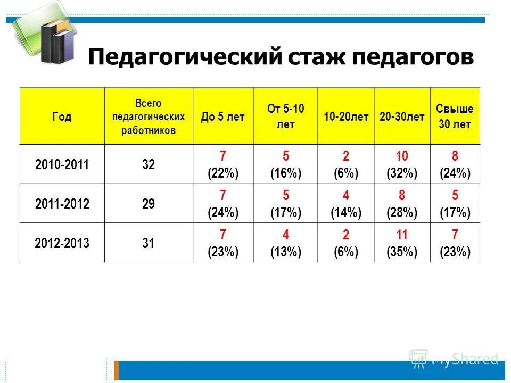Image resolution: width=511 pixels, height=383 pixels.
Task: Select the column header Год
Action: point(62,116)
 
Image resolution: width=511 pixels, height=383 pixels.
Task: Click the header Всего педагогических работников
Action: point(148,116)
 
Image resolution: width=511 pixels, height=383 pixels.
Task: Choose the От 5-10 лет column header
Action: point(285,116)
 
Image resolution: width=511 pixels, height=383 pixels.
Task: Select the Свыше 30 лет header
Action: point(455,116)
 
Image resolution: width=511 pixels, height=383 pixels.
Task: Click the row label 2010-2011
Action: point(62,164)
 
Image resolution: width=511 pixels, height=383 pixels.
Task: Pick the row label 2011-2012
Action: point(62,204)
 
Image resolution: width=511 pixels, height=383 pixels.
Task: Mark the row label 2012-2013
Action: point(62,243)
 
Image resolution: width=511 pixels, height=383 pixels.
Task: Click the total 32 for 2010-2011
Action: point(148,164)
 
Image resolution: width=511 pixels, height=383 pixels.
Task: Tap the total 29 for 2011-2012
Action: point(148,204)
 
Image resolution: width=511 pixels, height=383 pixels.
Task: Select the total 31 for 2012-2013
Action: point(148,243)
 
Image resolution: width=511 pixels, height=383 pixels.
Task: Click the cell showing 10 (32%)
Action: point(402,164)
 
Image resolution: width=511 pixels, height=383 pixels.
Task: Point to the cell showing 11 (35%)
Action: point(402,243)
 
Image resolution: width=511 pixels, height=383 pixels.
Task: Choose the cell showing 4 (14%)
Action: point(346,204)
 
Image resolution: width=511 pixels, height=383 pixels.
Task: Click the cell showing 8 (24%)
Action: point(455,164)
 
